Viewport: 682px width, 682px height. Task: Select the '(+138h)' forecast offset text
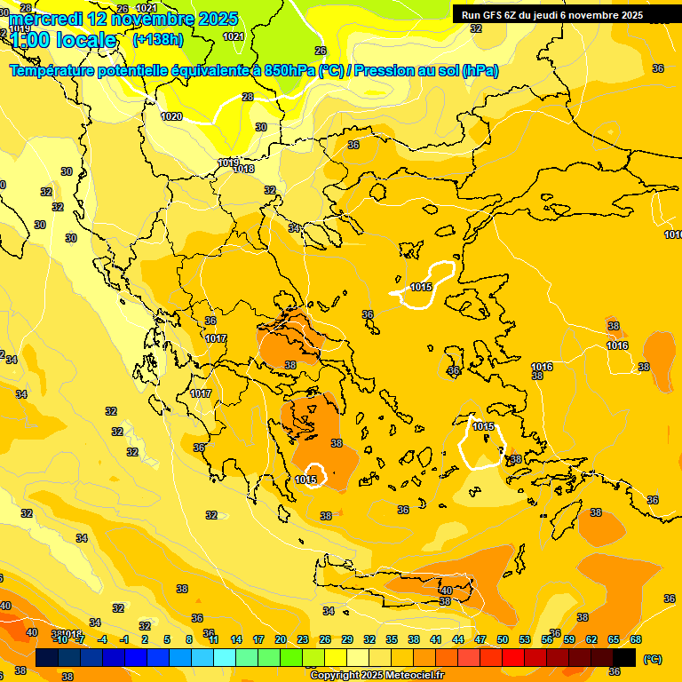point(159,40)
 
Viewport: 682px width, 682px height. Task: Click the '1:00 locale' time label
point(64,40)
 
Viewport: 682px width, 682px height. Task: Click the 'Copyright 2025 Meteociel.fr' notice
point(377,676)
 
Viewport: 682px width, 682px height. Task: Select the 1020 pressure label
point(171,116)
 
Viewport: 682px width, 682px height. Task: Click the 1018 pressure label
point(243,169)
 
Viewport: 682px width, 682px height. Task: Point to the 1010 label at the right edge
point(673,234)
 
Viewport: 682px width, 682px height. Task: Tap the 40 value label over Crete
point(446,591)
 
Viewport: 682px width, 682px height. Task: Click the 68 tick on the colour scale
point(636,639)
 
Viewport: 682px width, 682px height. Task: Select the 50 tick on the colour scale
point(503,639)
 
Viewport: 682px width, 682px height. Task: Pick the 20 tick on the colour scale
point(281,639)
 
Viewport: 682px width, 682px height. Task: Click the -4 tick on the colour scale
point(103,639)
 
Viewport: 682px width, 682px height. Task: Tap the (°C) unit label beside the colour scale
point(653,659)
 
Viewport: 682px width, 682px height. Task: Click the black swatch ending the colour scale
point(624,658)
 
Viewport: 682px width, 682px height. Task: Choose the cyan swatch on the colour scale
point(225,658)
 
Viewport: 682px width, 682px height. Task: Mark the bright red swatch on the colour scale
point(513,658)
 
